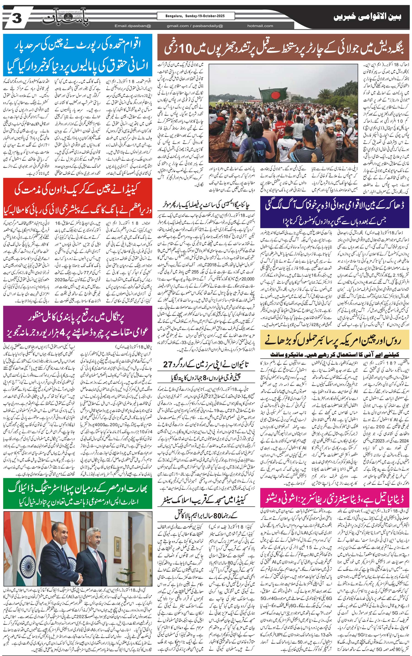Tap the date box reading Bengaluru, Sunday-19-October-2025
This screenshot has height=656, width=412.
[x=195, y=16]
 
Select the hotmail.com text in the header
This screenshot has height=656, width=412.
[x=260, y=26]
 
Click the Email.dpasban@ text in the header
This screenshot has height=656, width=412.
[x=133, y=26]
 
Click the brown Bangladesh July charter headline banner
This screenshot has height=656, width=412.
[x=283, y=47]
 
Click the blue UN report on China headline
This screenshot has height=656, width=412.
[x=78, y=55]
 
